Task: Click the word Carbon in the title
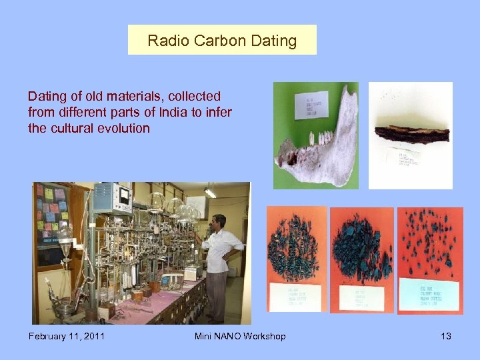tap(221, 41)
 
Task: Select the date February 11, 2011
tap(66, 336)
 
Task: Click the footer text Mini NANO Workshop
tap(240, 336)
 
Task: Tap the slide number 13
tap(445, 336)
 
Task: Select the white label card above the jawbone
tap(311, 105)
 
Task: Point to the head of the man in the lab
tap(217, 222)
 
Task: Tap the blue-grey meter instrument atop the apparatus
tap(111, 197)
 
